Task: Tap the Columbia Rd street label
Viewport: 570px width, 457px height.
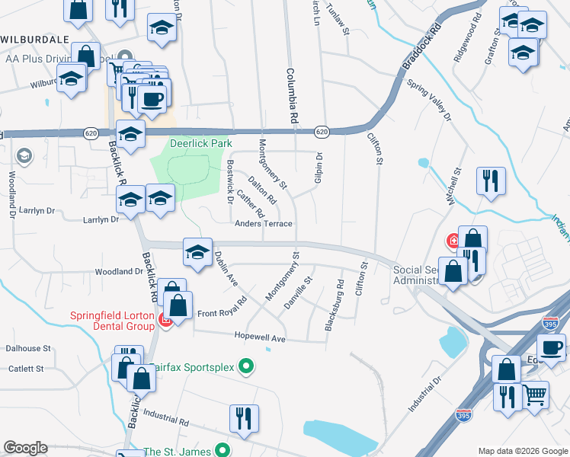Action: [290, 96]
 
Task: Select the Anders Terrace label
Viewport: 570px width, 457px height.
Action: [264, 223]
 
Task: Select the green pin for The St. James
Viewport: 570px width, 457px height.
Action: [222, 450]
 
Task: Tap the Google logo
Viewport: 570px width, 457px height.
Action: [25, 448]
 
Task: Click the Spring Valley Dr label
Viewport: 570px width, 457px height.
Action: [430, 100]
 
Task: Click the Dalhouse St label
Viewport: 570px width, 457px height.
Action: [28, 348]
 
